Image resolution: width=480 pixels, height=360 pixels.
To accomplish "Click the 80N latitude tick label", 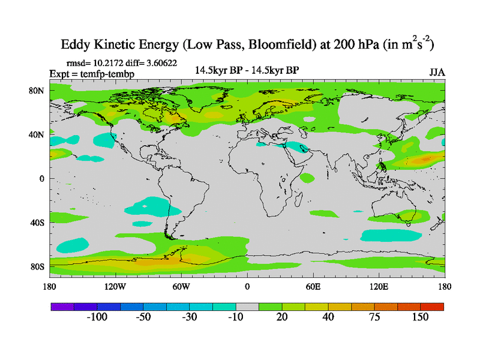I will tap(38, 91).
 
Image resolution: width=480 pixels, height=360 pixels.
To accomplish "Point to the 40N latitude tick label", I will tap(38, 134).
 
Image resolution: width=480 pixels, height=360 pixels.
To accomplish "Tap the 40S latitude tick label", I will tap(38, 223).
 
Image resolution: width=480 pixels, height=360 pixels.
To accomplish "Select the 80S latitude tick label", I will tap(38, 266).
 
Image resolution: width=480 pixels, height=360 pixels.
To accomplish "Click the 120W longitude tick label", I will tap(115, 286).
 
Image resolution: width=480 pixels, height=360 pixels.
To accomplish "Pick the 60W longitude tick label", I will tap(181, 286).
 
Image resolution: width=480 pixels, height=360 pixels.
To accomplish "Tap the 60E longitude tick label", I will tap(313, 286).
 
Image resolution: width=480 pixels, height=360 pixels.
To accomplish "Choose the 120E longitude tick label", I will tap(379, 286).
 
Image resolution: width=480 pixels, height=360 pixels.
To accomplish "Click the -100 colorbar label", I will tap(97, 317).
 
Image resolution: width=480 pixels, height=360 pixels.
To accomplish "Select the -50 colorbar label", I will tap(143, 317).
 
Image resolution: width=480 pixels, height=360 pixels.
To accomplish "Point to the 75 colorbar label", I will tap(374, 317).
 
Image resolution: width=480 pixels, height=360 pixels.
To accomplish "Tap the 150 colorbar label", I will tap(420, 317).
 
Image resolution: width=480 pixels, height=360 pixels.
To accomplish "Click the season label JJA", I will tap(437, 72).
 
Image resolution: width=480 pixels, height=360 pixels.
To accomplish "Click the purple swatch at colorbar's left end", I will tap(62, 307).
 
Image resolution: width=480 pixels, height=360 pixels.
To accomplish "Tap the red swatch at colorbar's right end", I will tap(432, 307).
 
